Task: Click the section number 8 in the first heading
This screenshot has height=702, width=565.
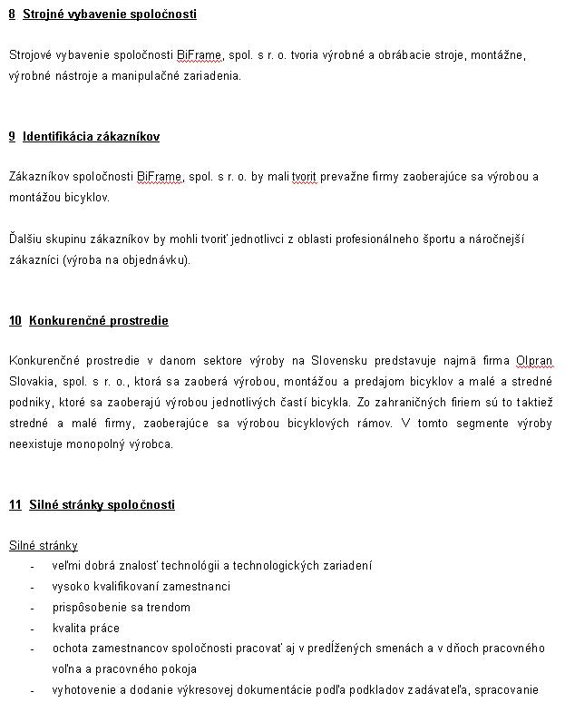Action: [12, 15]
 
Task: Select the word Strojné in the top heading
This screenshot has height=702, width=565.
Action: [43, 15]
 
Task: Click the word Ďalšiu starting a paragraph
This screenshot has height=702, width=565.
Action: [24, 239]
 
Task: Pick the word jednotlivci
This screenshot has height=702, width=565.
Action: [238, 239]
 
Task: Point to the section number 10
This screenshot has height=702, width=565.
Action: [15, 321]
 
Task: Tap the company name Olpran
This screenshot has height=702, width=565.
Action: [534, 362]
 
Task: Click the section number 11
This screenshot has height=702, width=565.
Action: [15, 505]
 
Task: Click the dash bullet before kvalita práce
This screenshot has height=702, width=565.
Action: [33, 629]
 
